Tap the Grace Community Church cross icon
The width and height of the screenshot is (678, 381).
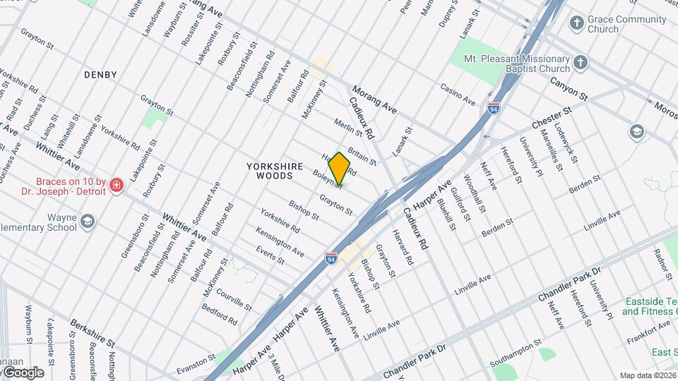(x=577, y=23)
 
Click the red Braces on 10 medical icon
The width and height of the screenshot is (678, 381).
(x=116, y=186)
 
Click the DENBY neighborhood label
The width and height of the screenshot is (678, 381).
(x=100, y=74)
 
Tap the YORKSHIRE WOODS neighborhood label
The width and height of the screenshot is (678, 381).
(x=275, y=171)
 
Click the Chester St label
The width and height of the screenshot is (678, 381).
(x=551, y=117)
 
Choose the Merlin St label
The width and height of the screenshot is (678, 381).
(x=348, y=128)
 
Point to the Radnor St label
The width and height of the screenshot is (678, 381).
(x=662, y=262)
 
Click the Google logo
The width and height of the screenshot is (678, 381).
(x=23, y=372)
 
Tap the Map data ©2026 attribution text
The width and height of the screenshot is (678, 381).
(x=648, y=375)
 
